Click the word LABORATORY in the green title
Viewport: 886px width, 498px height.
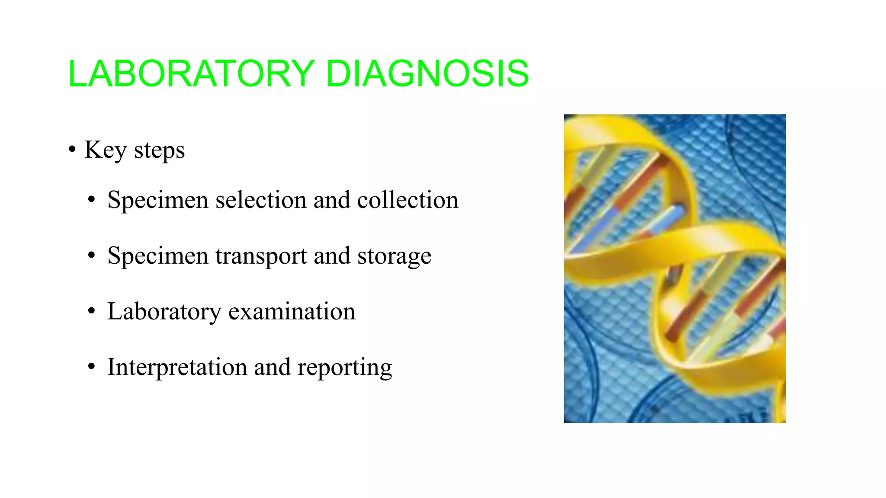click(x=191, y=73)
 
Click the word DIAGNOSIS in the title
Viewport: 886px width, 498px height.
click(x=427, y=73)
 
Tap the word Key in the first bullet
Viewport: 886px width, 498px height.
click(x=106, y=150)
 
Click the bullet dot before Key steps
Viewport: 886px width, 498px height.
click(x=72, y=150)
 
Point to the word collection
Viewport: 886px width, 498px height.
click(x=408, y=200)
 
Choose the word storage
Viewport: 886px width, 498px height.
click(x=394, y=256)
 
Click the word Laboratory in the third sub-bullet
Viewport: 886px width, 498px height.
click(x=164, y=312)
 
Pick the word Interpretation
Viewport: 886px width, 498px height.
click(x=177, y=367)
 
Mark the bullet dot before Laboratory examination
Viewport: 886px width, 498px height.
click(x=91, y=311)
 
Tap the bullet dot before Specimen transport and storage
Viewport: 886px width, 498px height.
click(x=91, y=255)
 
